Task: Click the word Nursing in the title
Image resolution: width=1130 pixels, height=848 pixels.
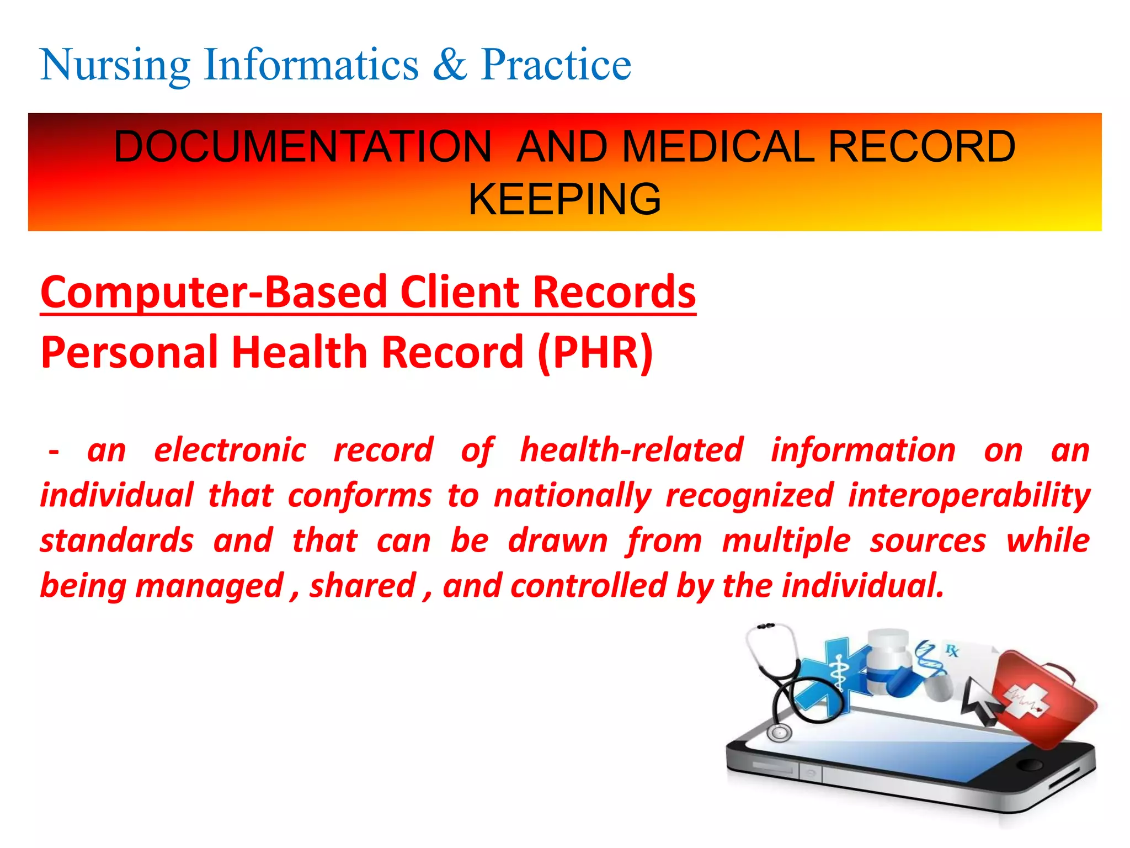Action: click(x=115, y=65)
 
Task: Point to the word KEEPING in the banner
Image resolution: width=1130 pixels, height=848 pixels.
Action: click(x=564, y=199)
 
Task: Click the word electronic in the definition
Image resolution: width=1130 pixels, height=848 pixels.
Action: click(x=230, y=450)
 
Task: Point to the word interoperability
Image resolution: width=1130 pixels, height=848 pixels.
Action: click(x=969, y=495)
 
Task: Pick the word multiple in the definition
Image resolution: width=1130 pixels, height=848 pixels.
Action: click(x=786, y=540)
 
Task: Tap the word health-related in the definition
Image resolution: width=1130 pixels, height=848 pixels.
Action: click(x=632, y=450)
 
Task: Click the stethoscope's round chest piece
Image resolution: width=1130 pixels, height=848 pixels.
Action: click(x=779, y=733)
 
